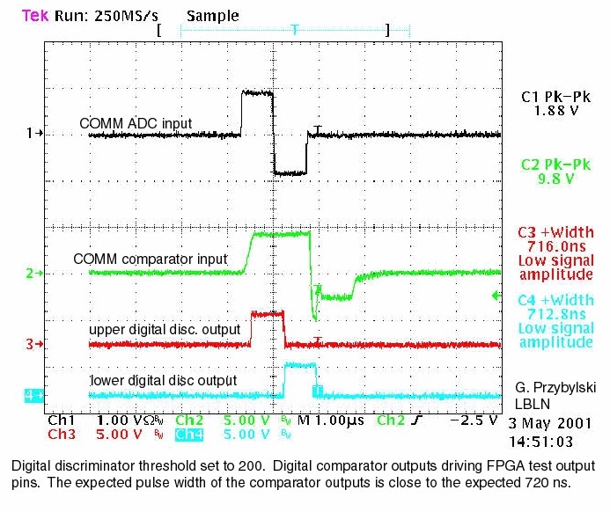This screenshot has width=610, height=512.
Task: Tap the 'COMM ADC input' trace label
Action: (136, 123)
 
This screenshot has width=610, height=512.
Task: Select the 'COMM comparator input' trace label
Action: (151, 260)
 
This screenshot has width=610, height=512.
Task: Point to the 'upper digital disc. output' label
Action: (165, 329)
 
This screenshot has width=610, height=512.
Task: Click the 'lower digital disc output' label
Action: (162, 380)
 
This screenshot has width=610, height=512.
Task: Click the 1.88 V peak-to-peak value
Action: (555, 112)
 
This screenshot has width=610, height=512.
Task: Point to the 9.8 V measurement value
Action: (555, 179)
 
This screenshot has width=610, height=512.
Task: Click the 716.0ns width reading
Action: (555, 247)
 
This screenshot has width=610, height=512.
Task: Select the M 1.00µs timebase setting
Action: (332, 421)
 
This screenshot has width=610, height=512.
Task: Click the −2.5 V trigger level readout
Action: (471, 421)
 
